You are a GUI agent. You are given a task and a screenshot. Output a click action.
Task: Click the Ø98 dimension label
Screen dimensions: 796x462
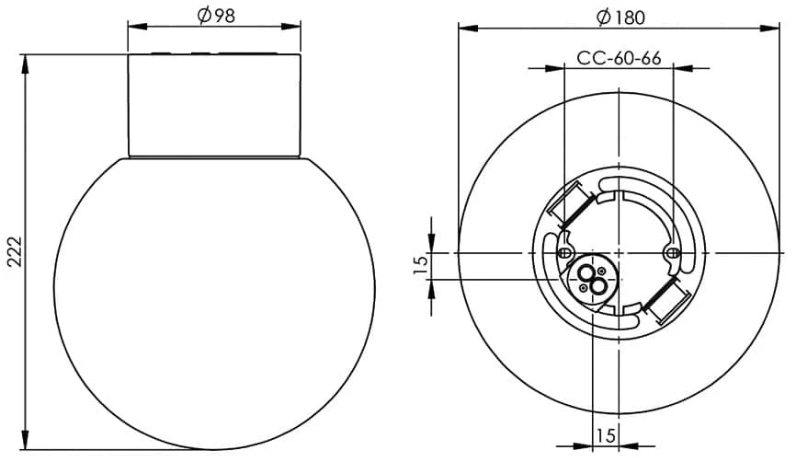click(216, 16)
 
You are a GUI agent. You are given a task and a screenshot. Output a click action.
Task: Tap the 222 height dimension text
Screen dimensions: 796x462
click(16, 251)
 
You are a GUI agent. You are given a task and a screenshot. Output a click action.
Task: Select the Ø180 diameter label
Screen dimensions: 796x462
click(620, 17)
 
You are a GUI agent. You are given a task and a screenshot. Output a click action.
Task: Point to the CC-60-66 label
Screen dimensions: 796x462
click(619, 59)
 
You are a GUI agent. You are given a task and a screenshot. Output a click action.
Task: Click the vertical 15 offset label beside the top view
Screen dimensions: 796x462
click(421, 265)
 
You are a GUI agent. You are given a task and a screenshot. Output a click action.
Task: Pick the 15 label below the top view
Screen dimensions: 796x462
click(605, 435)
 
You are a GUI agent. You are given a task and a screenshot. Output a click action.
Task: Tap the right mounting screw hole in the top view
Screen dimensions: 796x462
click(672, 252)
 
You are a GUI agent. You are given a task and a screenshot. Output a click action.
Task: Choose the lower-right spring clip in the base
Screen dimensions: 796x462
click(666, 301)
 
